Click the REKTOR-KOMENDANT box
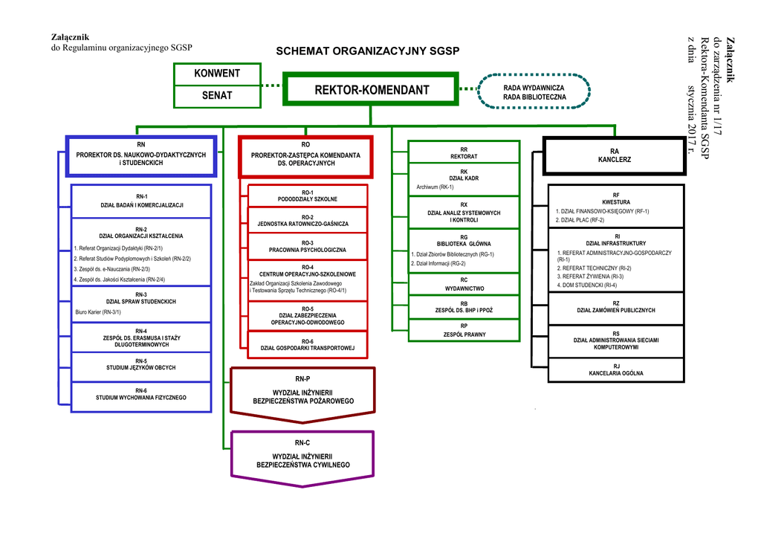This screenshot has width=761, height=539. click(x=371, y=90)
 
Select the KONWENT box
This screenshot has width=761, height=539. click(x=217, y=74)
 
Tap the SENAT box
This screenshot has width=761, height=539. click(x=217, y=95)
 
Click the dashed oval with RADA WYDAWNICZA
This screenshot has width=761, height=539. click(x=534, y=92)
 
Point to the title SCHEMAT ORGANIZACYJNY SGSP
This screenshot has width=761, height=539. click(x=368, y=51)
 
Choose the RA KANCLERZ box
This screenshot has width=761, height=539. click(x=614, y=155)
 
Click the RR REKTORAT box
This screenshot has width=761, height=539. click(x=464, y=153)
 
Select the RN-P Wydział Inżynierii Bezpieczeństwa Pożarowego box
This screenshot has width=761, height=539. click(x=302, y=390)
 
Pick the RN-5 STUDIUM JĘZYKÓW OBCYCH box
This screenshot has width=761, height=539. click(x=141, y=364)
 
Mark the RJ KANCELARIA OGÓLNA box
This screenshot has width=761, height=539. click(x=615, y=369)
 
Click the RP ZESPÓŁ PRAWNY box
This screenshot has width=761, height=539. click(x=464, y=331)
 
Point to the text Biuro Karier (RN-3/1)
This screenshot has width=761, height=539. click(x=99, y=312)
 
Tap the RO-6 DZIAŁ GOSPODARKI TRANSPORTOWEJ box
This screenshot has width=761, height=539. click(x=307, y=344)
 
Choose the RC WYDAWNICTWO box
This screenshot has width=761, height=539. click(x=464, y=284)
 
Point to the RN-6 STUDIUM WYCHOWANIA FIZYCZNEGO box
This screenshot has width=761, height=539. click(x=141, y=394)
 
